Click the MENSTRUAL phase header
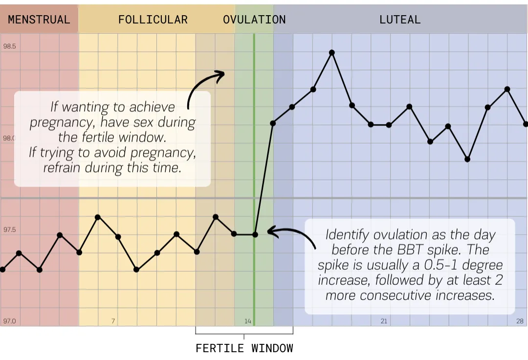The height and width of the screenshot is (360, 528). (39, 20)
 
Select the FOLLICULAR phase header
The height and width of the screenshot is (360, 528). (153, 20)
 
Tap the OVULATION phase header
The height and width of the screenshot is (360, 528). (254, 20)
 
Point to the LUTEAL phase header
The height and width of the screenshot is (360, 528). (400, 20)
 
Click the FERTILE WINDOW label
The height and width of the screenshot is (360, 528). (244, 348)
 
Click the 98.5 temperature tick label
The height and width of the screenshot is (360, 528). (10, 46)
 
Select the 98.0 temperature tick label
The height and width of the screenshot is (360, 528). (10, 138)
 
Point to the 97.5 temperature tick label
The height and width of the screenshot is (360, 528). (10, 230)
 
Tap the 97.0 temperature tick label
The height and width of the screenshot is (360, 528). (10, 321)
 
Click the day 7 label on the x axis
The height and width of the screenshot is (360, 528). (113, 321)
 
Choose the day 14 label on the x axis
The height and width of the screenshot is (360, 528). (248, 321)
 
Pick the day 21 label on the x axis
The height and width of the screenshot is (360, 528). (384, 321)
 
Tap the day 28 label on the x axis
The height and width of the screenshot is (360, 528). (520, 321)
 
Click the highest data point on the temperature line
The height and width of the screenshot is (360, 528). (332, 52)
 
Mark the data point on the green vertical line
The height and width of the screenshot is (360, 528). (255, 234)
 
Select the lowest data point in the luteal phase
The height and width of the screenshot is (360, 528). (467, 159)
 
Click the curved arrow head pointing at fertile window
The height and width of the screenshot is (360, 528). (220, 74)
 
